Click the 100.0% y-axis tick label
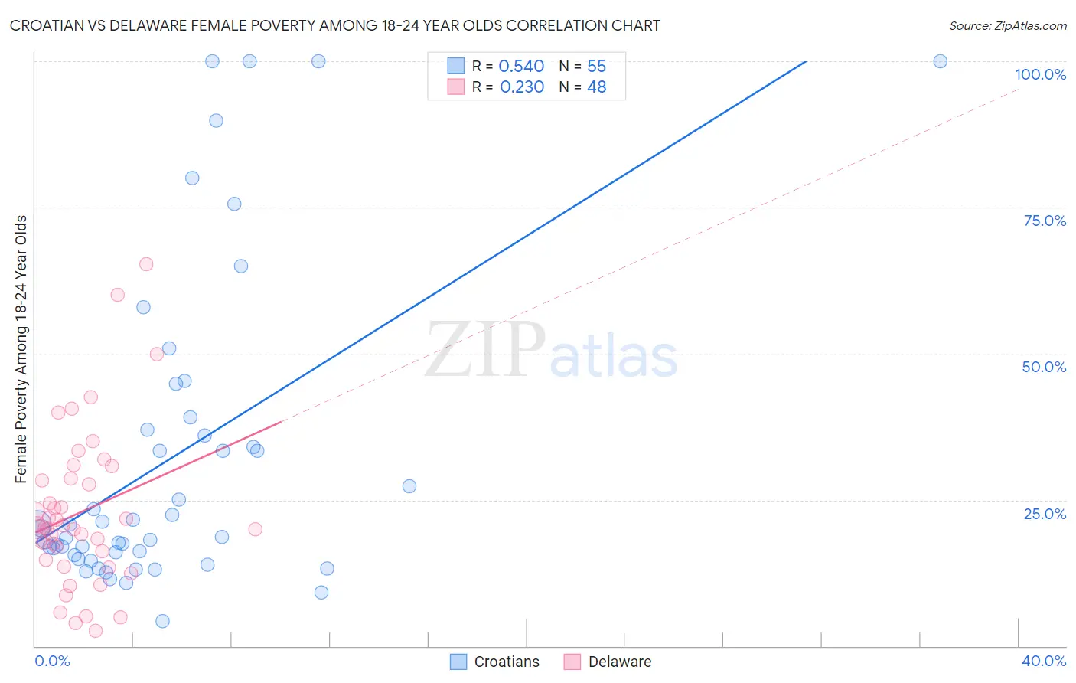(x=1040, y=74)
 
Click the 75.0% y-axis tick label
(x=1045, y=221)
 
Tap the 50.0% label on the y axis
(x=1044, y=367)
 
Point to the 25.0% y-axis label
(x=1045, y=514)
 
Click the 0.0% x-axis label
(x=52, y=661)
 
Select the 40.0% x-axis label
(x=1044, y=661)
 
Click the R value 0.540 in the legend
(x=521, y=67)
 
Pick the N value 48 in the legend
(x=596, y=87)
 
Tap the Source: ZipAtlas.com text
(x=1007, y=26)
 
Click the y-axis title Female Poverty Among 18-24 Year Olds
(x=21, y=349)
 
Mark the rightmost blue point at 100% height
(x=940, y=61)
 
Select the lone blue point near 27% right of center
(x=409, y=486)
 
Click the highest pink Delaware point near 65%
(x=146, y=264)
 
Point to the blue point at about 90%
(x=216, y=121)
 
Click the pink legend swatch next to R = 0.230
(x=456, y=87)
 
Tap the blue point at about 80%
(x=192, y=178)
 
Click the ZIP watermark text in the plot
(x=484, y=350)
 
